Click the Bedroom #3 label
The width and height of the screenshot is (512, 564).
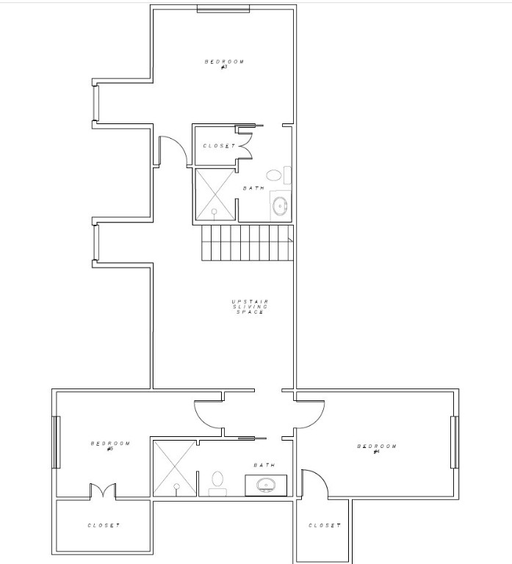pyautogui.click(x=224, y=64)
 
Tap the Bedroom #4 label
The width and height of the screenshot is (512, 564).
pyautogui.click(x=377, y=448)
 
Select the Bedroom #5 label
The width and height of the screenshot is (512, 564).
pyautogui.click(x=110, y=445)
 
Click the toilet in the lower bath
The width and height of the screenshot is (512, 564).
pyautogui.click(x=217, y=481)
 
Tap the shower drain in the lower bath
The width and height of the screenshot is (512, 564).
pyautogui.click(x=176, y=486)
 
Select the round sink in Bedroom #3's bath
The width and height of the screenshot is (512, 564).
pyautogui.click(x=280, y=206)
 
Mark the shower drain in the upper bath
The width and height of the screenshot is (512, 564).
pyautogui.click(x=214, y=211)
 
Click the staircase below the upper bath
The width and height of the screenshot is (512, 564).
pyautogui.click(x=247, y=242)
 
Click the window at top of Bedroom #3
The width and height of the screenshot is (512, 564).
pyautogui.click(x=223, y=9)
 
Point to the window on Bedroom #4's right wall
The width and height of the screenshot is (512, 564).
pyautogui.click(x=454, y=441)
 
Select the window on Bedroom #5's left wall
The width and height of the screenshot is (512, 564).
pyautogui.click(x=56, y=441)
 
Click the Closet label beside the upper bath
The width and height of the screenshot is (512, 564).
pyautogui.click(x=220, y=146)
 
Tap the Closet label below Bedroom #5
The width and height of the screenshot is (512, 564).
pyautogui.click(x=104, y=525)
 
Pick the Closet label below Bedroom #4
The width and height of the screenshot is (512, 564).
pyautogui.click(x=324, y=525)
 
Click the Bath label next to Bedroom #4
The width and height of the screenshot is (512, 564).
pyautogui.click(x=264, y=465)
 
